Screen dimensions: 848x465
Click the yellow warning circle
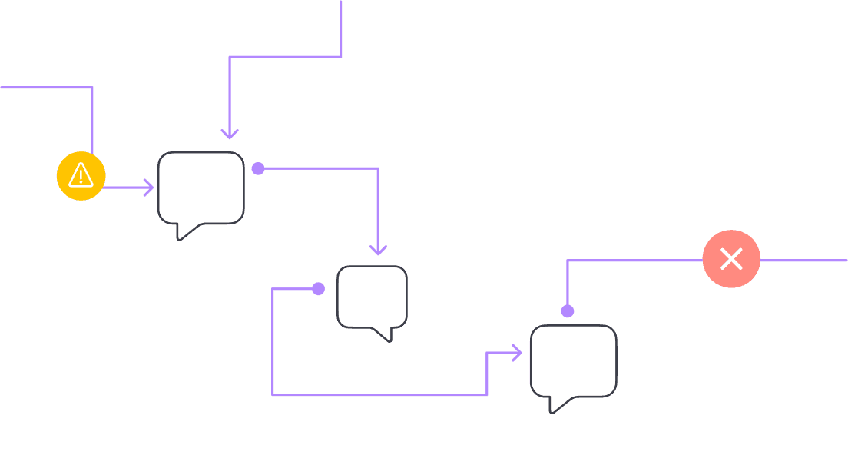tap(81, 176)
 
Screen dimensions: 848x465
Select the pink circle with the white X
tap(731, 259)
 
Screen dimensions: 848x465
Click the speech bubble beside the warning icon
tap(200, 187)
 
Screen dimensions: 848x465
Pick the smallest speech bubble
tap(372, 296)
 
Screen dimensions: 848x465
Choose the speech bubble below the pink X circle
tap(573, 360)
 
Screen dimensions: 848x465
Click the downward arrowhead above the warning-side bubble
tap(230, 135)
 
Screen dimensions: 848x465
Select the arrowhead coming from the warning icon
tap(149, 187)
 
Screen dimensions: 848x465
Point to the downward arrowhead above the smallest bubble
tap(377, 250)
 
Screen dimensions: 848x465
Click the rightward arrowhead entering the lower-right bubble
tap(517, 353)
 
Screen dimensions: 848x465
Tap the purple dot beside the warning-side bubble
tap(258, 168)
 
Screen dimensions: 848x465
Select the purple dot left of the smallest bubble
tap(318, 289)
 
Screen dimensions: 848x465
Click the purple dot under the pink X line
tap(567, 311)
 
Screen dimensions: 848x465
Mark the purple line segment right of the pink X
tap(803, 261)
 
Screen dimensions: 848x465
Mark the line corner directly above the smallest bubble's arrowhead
tap(377, 169)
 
